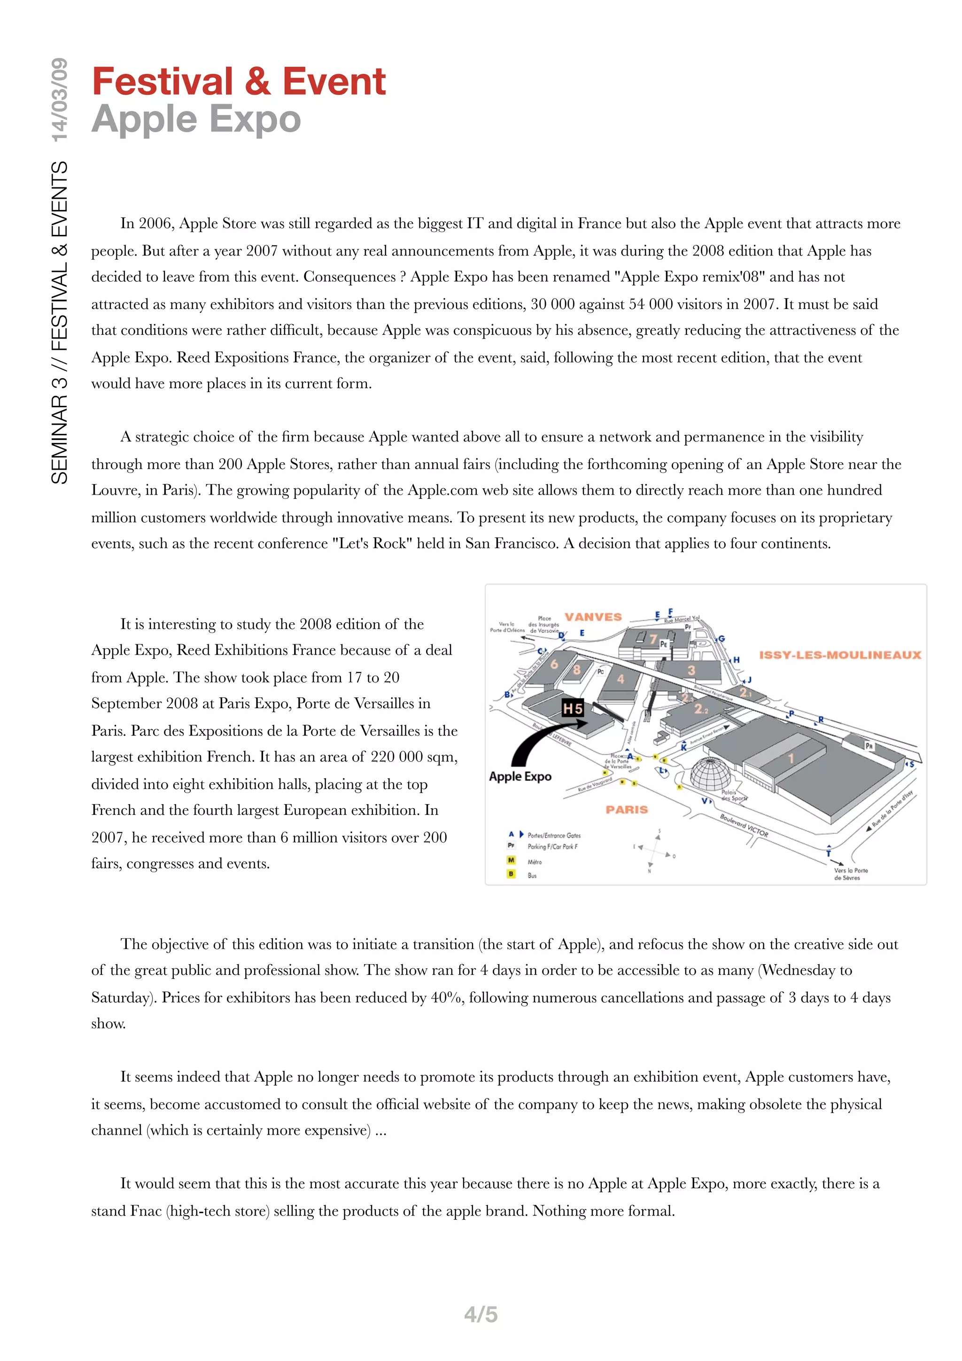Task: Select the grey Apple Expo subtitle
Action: [196, 119]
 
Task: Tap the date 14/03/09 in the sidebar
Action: [59, 100]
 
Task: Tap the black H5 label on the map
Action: [573, 708]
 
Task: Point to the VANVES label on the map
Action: [593, 617]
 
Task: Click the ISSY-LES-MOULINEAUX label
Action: [840, 655]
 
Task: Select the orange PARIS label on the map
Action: [627, 810]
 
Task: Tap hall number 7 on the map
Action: [653, 639]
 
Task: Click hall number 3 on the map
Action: [691, 671]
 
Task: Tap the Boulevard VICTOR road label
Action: [744, 825]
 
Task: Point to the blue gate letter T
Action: [829, 854]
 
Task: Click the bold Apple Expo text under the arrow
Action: [520, 776]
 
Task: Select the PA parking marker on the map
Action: [869, 746]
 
